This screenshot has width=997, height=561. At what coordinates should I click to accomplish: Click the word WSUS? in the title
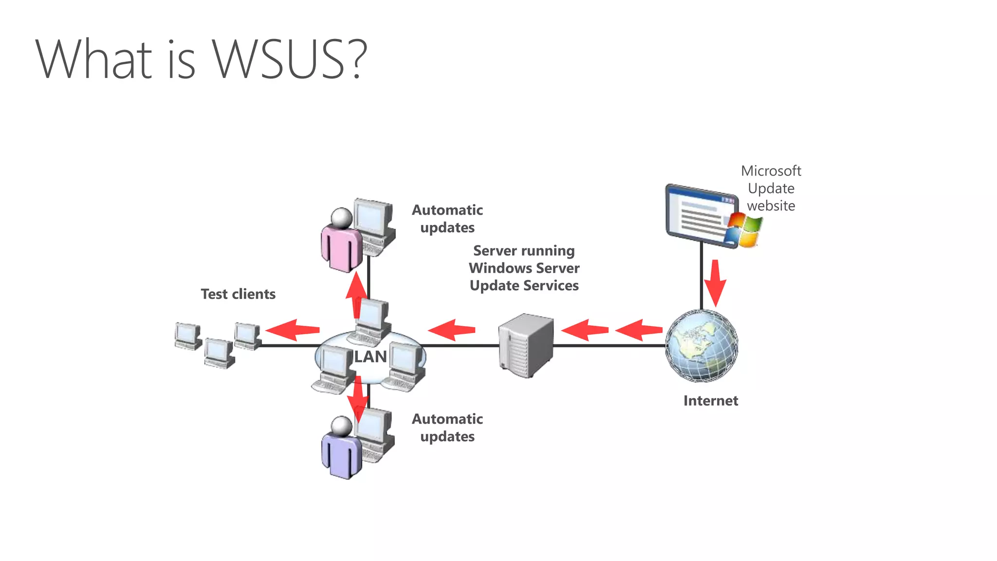click(x=289, y=59)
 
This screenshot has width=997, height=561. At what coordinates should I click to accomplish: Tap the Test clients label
click(x=238, y=294)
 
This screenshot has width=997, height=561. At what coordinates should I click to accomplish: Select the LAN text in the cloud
click(x=370, y=357)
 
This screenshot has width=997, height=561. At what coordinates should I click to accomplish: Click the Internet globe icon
click(x=702, y=346)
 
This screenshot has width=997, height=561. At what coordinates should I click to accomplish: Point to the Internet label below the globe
click(x=710, y=401)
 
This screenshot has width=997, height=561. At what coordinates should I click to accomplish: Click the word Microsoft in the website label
click(x=771, y=171)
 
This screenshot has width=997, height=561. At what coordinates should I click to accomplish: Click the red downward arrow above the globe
click(x=715, y=282)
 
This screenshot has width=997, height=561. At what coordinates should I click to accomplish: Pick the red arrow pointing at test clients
click(x=292, y=330)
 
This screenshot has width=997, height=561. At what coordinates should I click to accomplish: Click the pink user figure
click(x=341, y=243)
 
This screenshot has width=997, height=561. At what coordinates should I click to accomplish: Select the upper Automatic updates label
click(x=447, y=219)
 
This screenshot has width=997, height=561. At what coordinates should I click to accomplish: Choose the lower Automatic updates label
click(x=447, y=428)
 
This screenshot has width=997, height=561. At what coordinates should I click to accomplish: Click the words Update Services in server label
click(x=524, y=285)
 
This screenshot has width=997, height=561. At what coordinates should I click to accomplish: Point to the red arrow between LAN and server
click(x=451, y=330)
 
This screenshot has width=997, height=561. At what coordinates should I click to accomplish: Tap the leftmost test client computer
click(x=187, y=336)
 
